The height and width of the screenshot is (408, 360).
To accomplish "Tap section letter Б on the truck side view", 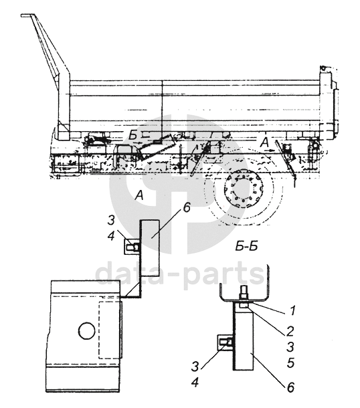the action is [133, 136].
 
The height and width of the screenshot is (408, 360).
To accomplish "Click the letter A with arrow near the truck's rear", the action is [265, 142].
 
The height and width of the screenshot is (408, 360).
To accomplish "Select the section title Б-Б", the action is [246, 246].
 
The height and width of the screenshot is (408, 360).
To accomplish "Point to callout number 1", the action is [293, 310].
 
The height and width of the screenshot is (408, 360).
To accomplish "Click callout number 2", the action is [290, 331].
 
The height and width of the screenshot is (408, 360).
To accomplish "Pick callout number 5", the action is [290, 363].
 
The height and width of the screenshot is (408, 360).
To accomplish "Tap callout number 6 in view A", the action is [187, 209].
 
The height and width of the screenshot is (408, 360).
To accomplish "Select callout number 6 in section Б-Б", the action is [290, 387].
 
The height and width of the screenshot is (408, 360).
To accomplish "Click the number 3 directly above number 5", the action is [290, 346].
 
